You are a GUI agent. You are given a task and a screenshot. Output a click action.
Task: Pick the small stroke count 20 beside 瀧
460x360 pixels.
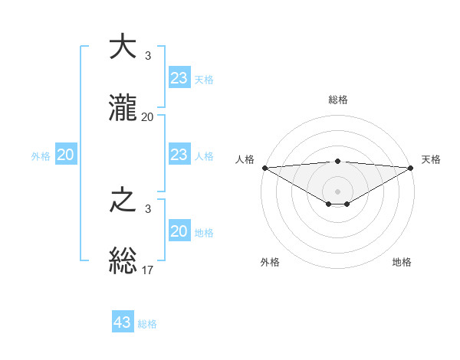148,117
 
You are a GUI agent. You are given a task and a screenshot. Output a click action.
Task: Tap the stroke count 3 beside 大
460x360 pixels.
148,56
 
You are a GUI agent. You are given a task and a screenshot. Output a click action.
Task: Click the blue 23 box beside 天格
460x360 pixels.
179,78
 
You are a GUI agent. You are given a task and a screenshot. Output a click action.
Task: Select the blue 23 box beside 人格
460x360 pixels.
179,155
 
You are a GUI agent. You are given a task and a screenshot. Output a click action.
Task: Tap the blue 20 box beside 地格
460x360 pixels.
179,231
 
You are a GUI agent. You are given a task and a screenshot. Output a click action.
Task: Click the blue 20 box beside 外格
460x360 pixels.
66,155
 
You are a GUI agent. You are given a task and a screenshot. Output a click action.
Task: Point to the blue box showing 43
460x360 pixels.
123,322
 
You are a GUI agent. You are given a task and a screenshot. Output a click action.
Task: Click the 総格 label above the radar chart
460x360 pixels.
338,100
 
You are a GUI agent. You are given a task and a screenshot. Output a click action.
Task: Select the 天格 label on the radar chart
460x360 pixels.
431,159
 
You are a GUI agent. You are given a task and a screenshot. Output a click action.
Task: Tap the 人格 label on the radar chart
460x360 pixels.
245,159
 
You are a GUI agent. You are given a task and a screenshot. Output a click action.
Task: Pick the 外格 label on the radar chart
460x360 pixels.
270,262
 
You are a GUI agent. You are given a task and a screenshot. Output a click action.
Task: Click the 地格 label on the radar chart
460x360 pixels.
402,262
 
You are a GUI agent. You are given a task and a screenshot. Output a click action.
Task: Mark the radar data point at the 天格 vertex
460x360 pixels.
412,168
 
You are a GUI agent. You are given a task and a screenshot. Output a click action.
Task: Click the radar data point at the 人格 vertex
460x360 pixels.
264,168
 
